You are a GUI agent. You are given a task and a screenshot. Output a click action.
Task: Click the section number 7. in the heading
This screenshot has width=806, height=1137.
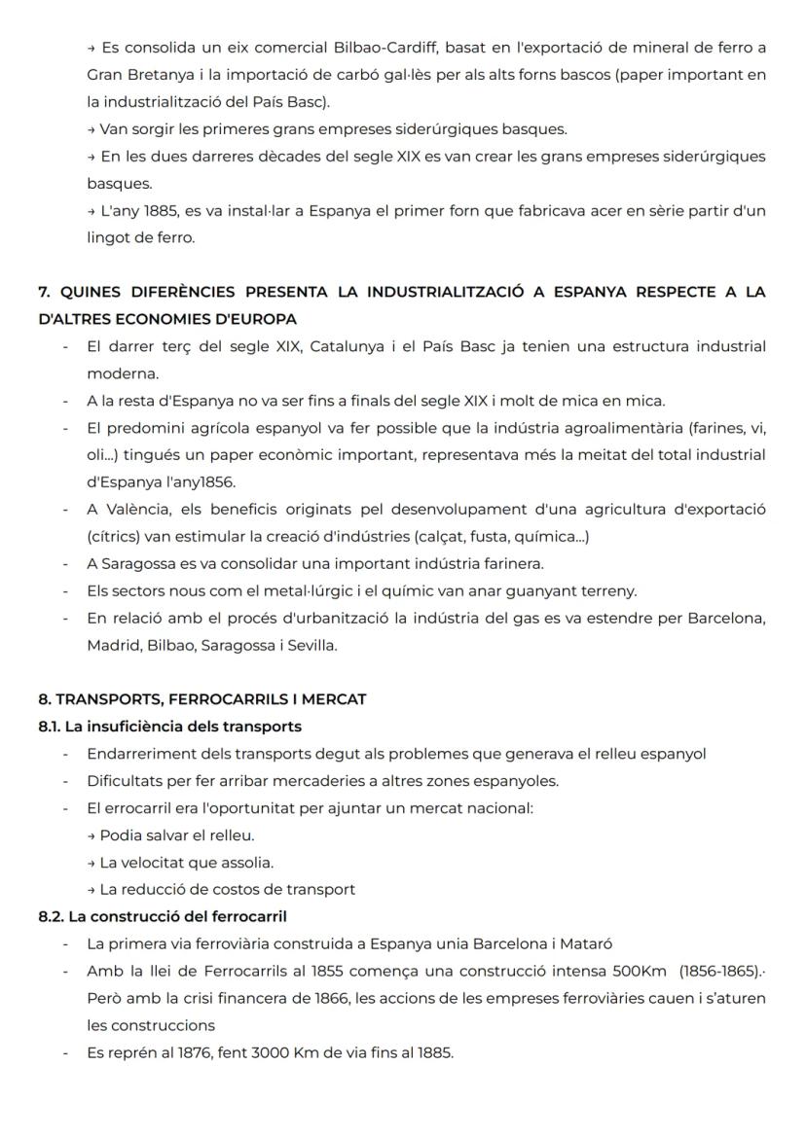[x=44, y=292]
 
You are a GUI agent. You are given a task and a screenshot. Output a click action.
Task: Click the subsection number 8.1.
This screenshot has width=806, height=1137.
[x=50, y=727]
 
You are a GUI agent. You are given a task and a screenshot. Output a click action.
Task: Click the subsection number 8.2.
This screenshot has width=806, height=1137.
[x=51, y=916]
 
